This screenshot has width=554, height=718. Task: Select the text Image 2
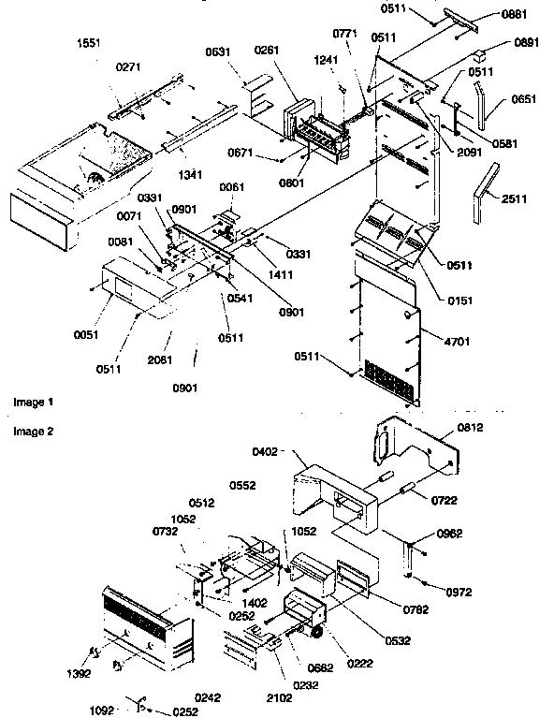click(x=33, y=432)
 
